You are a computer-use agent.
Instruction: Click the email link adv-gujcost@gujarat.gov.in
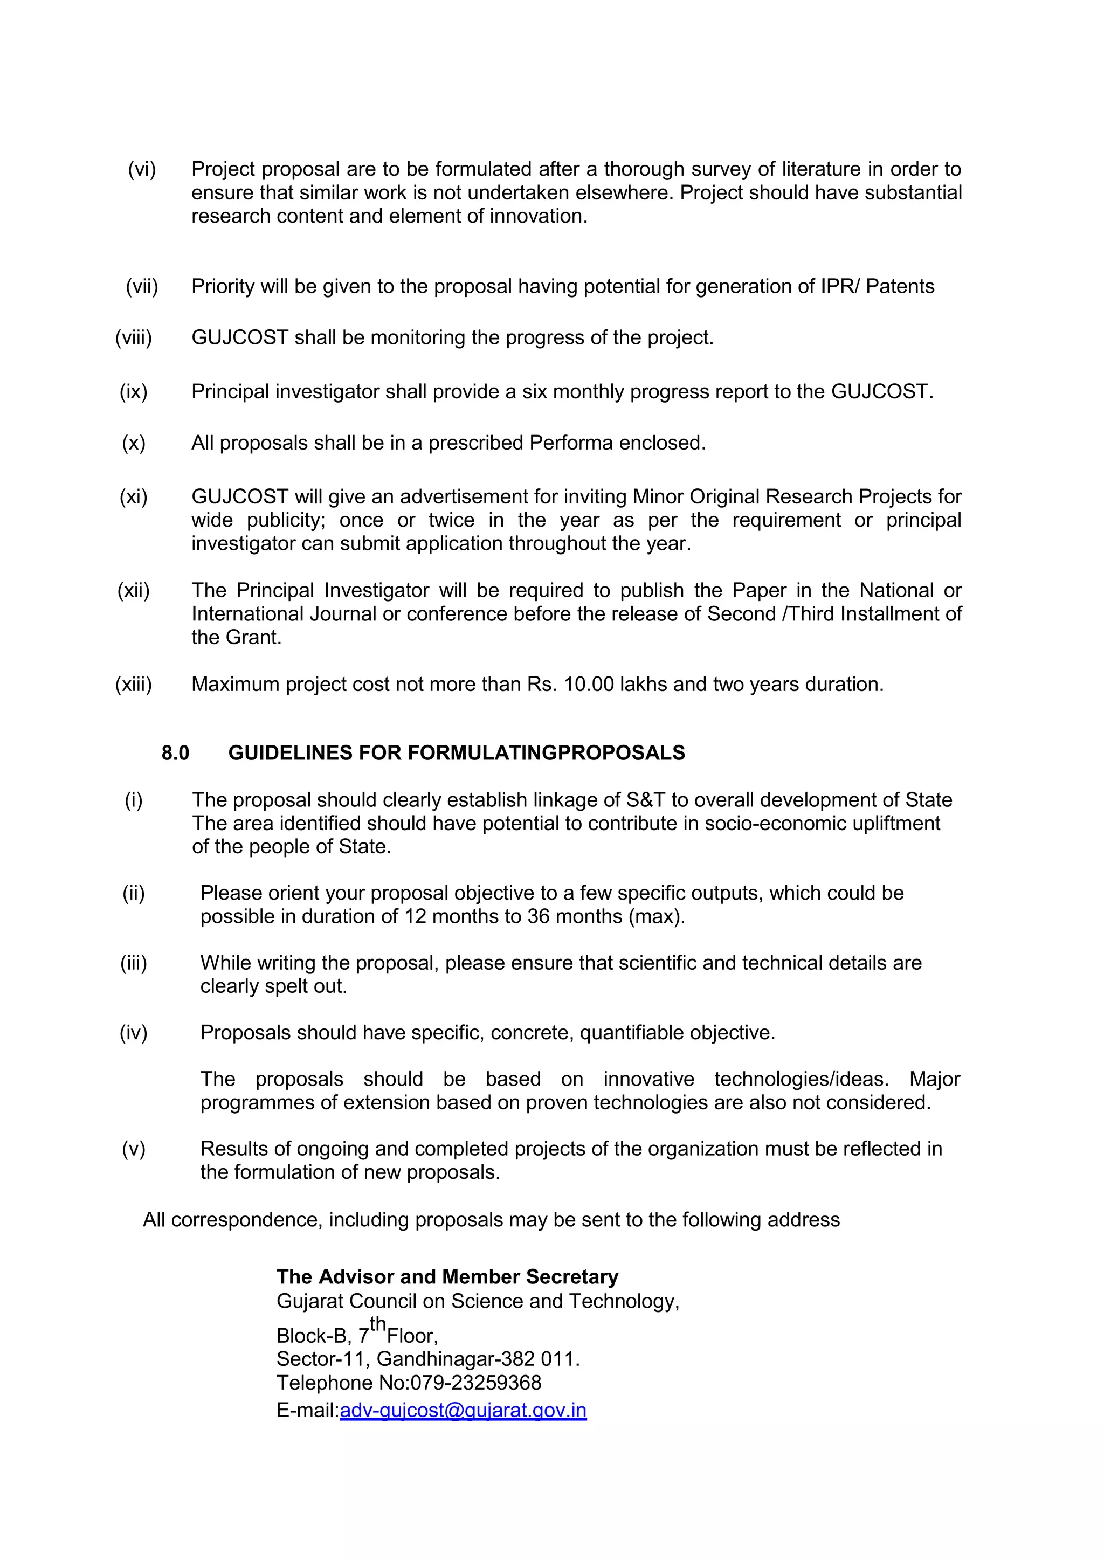[x=463, y=1410]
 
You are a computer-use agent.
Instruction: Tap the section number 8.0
[x=175, y=752]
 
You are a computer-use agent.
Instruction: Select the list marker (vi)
[x=142, y=169]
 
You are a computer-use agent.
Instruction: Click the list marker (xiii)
[x=133, y=684]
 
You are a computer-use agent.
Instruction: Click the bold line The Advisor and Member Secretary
[x=447, y=1277]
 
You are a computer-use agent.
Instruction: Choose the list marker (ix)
[x=133, y=392]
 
